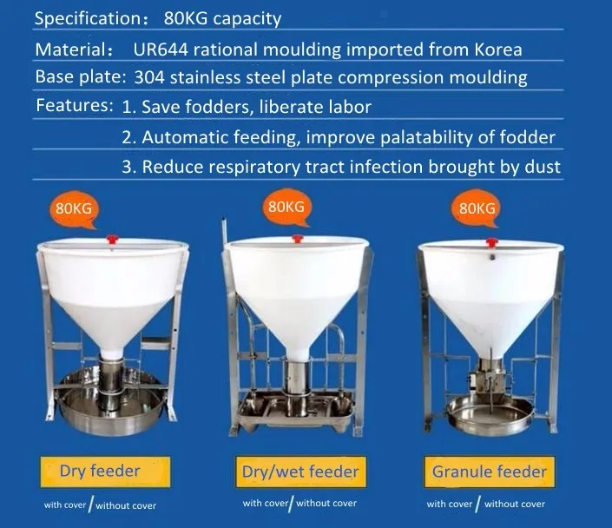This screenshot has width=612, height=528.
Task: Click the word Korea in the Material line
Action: coord(498,49)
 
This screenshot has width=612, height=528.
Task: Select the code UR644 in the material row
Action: coord(161,49)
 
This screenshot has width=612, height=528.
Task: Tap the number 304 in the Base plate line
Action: coord(148,77)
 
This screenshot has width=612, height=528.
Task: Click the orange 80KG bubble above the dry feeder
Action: coord(74,210)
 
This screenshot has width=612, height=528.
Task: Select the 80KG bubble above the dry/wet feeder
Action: coord(286,208)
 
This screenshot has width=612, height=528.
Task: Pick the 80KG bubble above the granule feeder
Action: coord(477,209)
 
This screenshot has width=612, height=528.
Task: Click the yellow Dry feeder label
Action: coord(105,472)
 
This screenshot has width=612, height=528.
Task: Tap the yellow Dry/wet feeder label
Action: coord(300,472)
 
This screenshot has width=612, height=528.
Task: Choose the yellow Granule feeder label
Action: coord(490,472)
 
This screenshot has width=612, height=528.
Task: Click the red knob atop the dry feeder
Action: coord(112,239)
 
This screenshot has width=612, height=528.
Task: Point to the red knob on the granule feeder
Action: coord(492,242)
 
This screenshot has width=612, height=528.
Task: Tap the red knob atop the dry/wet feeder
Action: coord(298,238)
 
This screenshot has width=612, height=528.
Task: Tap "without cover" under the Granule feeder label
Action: coord(515,505)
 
